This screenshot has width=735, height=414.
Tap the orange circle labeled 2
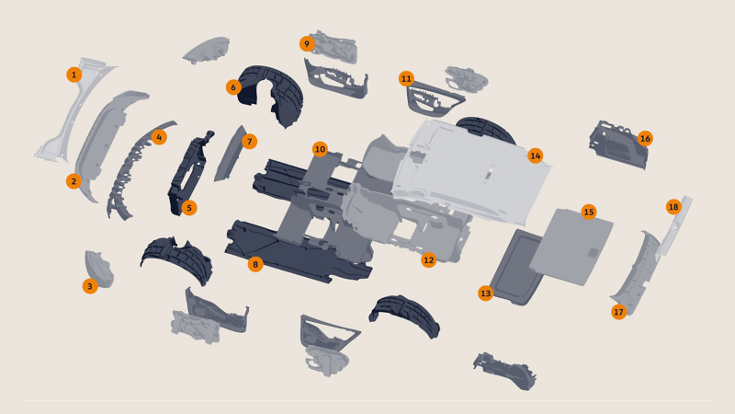73,181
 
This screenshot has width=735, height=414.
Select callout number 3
89,286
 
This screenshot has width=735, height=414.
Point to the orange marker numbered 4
160,137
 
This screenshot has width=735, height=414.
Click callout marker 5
189,208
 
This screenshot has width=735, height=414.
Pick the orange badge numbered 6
233,87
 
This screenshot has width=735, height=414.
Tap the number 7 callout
249,142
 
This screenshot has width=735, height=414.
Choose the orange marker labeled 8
255,264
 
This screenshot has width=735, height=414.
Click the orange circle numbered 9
307,43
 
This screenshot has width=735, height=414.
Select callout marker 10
320,148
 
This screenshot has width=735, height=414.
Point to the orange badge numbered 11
406,79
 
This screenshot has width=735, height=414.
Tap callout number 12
428,260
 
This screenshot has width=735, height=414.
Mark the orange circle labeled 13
486,293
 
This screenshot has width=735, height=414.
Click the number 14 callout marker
536,155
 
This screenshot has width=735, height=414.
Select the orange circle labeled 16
645,138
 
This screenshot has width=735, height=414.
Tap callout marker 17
618,312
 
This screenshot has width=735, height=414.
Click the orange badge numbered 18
673,207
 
